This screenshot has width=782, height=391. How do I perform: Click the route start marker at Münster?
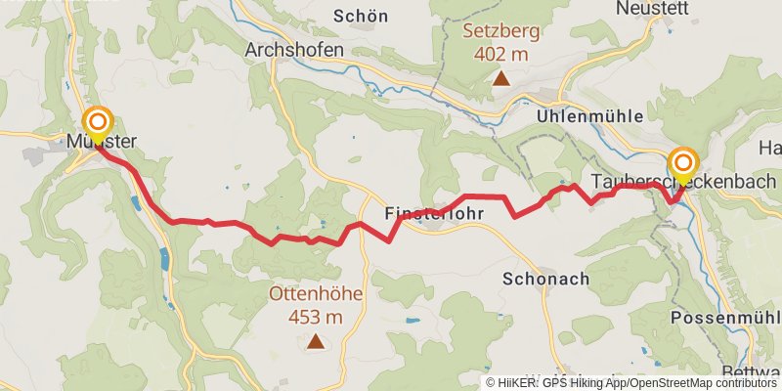tap(98, 123)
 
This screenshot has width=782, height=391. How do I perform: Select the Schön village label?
tap(361, 16)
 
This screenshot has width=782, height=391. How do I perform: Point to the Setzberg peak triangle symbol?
tap(500, 78)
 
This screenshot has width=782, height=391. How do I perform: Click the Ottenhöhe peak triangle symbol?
tap(316, 341)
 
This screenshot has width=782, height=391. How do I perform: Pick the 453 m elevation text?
tap(316, 317)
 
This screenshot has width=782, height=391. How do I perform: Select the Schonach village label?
tap(546, 279)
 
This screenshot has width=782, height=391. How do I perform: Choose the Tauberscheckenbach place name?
tap(683, 182)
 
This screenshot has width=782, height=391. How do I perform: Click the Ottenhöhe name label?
tap(315, 293)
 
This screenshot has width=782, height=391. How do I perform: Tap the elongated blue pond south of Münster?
tap(164, 259)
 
